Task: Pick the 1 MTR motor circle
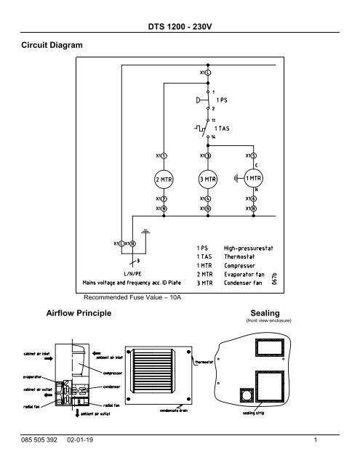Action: click(x=252, y=179)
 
